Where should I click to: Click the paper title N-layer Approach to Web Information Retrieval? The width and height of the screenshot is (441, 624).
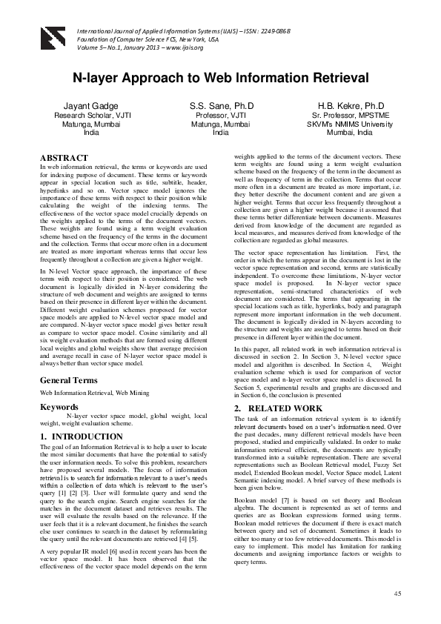click(x=220, y=78)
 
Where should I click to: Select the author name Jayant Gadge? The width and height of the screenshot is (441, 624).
click(x=91, y=107)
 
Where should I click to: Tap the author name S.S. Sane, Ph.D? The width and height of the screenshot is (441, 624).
click(x=221, y=107)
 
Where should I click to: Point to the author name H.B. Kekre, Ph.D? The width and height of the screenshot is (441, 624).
click(x=351, y=107)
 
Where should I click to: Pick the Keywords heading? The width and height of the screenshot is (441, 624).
click(x=61, y=407)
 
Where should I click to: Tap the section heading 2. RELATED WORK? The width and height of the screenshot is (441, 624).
click(x=278, y=408)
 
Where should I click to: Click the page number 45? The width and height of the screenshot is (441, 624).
click(x=397, y=594)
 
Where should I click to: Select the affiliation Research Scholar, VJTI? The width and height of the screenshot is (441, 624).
click(x=91, y=116)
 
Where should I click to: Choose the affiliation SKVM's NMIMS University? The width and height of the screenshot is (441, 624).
click(x=351, y=125)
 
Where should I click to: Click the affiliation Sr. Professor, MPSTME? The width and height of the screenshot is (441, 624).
click(x=351, y=116)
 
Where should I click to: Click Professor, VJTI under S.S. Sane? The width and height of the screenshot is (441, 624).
click(x=221, y=116)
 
